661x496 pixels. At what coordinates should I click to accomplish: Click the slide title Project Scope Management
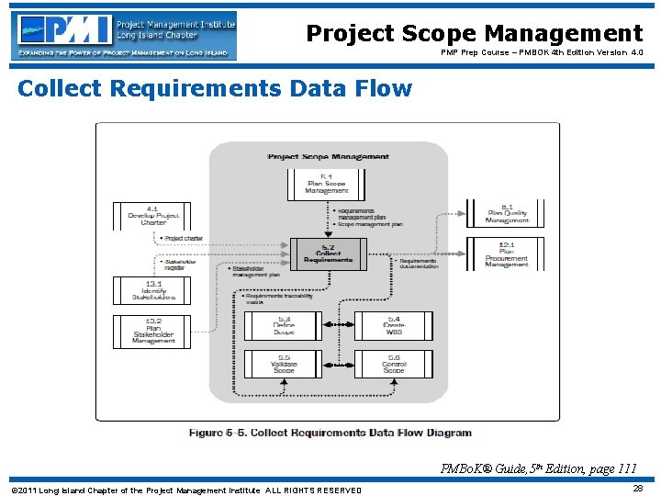point(474,33)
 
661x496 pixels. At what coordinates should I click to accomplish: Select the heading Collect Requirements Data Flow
point(215,89)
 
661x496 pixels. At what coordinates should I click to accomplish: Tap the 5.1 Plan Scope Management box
point(328,184)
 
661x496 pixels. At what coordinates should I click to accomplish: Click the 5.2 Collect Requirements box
point(328,254)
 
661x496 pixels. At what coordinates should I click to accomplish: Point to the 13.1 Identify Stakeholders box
point(152,290)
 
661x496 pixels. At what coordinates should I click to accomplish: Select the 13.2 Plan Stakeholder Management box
point(152,332)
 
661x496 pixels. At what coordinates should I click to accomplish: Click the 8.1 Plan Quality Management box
point(507,214)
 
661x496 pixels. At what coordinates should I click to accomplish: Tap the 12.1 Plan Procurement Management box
point(507,254)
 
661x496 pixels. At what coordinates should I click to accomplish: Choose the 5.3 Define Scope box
point(283,326)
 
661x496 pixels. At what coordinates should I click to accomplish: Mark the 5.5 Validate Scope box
point(283,364)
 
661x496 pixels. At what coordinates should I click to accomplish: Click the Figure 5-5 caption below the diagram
point(330,433)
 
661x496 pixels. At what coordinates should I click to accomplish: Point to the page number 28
point(637,489)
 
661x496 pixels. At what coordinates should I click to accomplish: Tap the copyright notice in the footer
point(186,490)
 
